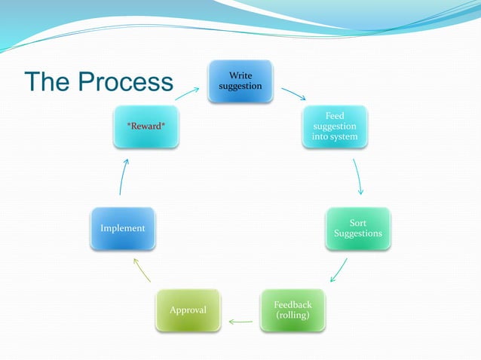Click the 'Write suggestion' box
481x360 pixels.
coord(240,81)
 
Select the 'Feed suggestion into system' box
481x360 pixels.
coord(335,127)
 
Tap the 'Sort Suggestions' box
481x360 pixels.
coord(358,228)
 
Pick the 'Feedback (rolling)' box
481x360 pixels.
coord(293,310)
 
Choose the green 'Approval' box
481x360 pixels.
coord(188,310)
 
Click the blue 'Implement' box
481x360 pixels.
coord(122,228)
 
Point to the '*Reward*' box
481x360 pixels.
coord(146,127)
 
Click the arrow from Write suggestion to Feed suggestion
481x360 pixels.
coord(293,94)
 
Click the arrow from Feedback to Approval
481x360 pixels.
coord(240,322)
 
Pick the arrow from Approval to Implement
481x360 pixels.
coord(142,270)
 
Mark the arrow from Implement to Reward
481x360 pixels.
coord(124,177)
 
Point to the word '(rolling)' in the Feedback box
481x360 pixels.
coord(293,316)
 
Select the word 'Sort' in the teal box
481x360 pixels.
coord(358,223)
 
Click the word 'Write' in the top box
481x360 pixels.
coord(240,75)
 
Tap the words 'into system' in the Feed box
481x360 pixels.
coord(335,137)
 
